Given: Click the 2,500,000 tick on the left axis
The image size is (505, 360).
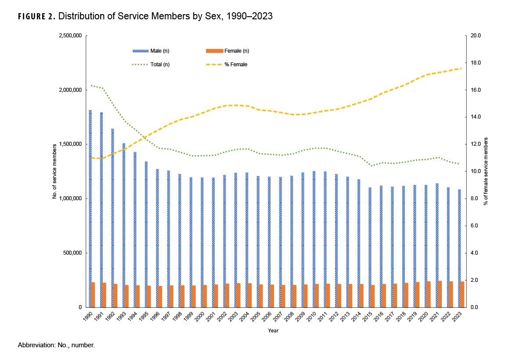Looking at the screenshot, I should point(70,36).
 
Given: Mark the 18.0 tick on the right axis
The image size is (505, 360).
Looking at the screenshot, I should point(476,63).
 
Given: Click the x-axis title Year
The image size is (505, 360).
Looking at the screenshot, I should point(274,331).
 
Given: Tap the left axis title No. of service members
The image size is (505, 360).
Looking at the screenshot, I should point(55,172).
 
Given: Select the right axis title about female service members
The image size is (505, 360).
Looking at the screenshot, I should point(486,172).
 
